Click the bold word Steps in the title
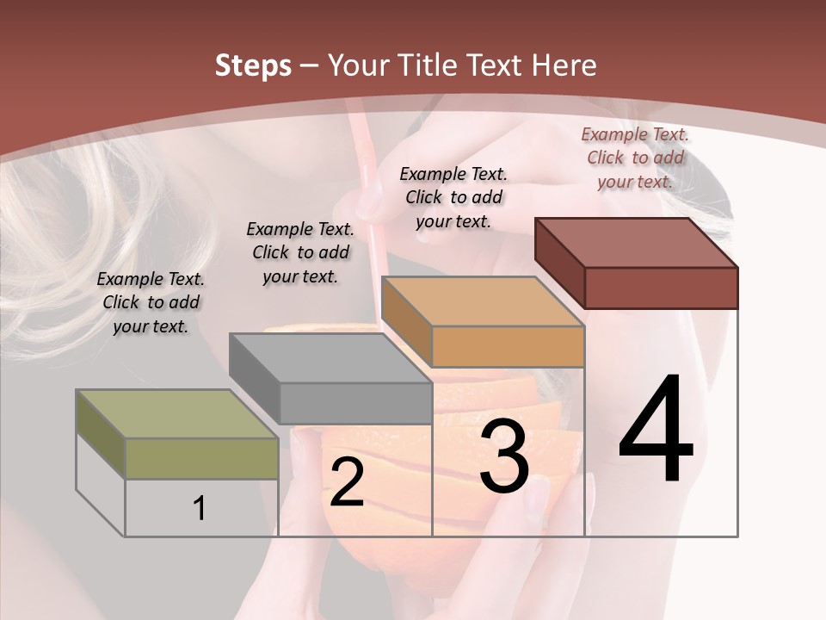coord(252,65)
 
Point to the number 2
coord(347,482)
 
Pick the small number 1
coord(200,508)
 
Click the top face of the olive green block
coord(176,413)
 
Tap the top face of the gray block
coord(330,357)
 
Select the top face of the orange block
coord(482,301)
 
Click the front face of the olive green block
coord(201,458)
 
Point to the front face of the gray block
coord(354,403)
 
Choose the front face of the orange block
coord(508,346)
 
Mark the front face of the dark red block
coord(661,288)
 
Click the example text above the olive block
coord(151,302)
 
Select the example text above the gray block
coord(300,252)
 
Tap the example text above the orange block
coord(453,197)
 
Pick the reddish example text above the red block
coord(635,158)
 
